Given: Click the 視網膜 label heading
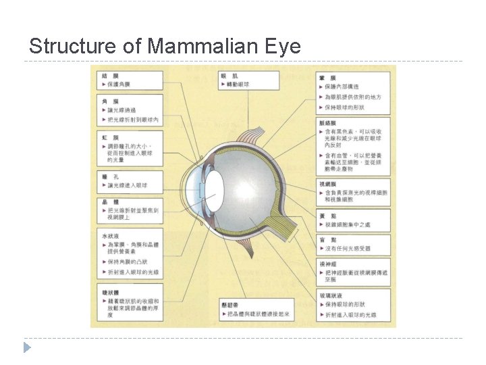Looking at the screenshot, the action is click(329, 183).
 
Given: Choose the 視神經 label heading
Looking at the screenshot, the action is click(329, 264).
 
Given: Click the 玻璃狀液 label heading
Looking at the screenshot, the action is click(331, 295).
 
